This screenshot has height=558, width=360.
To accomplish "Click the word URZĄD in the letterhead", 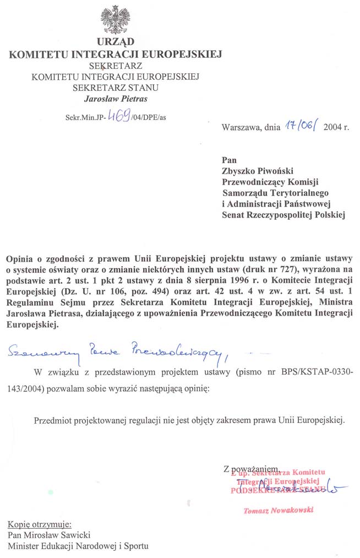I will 115,43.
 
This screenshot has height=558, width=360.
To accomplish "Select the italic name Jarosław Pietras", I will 116,99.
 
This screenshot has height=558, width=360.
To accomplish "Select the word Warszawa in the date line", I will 241,127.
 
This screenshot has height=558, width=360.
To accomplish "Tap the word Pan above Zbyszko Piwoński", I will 229,160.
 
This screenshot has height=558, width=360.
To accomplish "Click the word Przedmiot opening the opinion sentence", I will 53,420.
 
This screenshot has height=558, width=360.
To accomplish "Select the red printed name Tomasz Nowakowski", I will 278,511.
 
